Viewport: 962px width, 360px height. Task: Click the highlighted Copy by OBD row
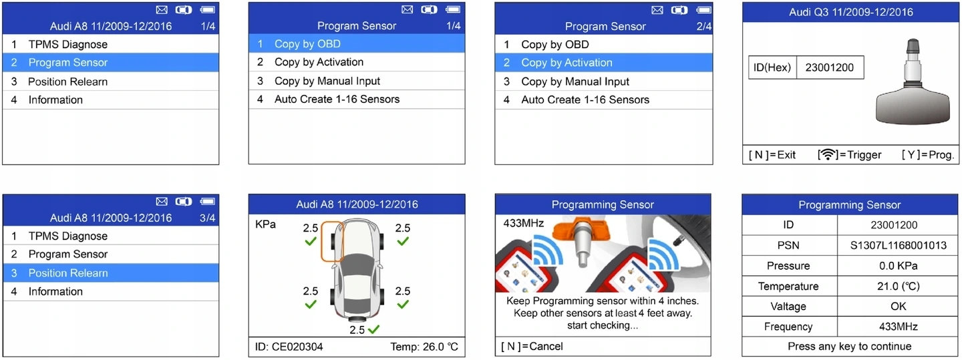pos(356,44)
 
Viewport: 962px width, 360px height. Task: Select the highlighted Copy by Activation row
pos(603,63)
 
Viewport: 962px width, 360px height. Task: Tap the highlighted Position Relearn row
pos(111,273)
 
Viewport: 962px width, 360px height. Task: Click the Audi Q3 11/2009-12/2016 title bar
pos(850,12)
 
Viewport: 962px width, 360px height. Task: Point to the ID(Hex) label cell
pos(772,67)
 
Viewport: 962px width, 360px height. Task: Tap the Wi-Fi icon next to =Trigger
pos(828,155)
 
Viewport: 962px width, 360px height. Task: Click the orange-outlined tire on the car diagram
pos(332,242)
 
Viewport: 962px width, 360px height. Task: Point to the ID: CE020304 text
pos(289,347)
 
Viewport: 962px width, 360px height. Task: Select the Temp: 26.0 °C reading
pos(424,347)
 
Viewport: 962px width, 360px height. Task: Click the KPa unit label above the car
pos(265,224)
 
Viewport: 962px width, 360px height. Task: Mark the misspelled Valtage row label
pos(788,307)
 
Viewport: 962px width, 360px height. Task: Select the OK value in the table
pos(898,307)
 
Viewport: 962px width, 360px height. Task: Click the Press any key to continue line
pos(849,347)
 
